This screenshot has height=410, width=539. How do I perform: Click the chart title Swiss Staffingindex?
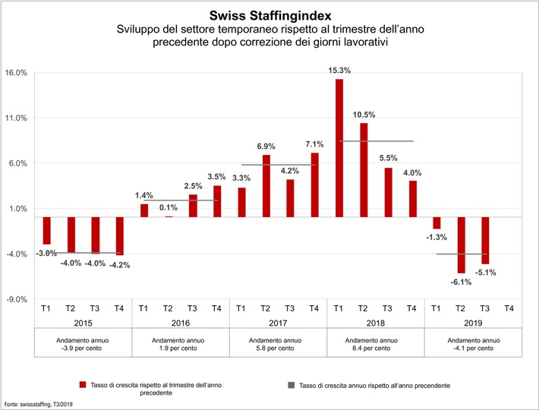[x=269, y=14]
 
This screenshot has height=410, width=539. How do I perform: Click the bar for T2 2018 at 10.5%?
[x=363, y=170]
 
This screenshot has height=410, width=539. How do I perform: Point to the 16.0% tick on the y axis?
[x=17, y=73]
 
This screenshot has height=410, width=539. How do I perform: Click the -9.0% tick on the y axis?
[x=17, y=299]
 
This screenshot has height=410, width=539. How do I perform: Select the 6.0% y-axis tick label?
[x=17, y=163]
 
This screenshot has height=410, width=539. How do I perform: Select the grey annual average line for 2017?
[x=277, y=165]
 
